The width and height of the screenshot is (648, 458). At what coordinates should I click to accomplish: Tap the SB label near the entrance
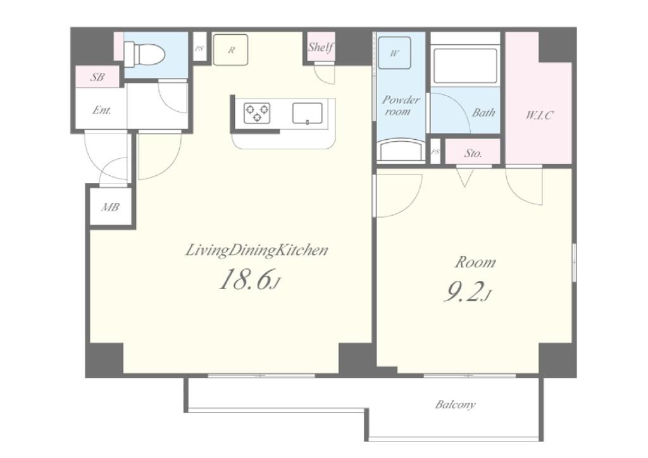98,77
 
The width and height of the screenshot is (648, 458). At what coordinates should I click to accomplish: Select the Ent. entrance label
102,110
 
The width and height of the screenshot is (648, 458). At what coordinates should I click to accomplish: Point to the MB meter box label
110,206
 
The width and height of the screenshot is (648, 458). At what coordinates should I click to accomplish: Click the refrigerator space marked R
230,49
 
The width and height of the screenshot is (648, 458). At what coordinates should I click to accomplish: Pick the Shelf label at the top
320,47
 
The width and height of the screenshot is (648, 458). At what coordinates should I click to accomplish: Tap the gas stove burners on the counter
257,113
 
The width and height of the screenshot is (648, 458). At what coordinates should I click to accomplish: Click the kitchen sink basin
307,113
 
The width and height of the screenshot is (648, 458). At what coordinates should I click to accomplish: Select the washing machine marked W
395,53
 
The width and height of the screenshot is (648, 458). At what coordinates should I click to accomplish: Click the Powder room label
400,105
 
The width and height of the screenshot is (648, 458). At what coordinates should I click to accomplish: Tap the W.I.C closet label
539,114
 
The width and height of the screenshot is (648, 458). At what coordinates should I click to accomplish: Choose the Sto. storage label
473,153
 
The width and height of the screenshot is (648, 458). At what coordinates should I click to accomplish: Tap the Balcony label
455,404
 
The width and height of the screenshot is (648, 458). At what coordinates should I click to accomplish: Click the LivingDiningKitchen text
256,251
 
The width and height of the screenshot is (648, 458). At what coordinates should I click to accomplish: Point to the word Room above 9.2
475,263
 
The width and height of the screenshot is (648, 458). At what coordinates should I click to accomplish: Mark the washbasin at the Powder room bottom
401,150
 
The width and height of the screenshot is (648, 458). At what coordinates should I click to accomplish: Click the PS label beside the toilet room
199,48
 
